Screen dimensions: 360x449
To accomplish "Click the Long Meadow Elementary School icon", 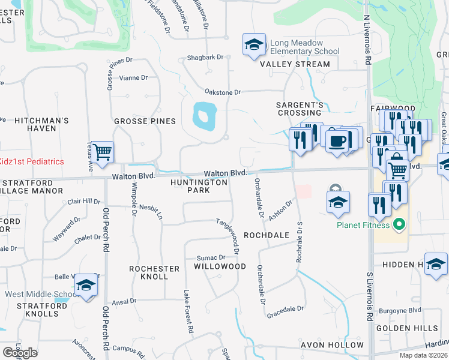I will (x=254, y=45).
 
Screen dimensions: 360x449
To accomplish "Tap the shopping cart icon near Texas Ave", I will (x=103, y=152).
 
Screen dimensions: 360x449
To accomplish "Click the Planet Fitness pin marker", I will (x=396, y=226).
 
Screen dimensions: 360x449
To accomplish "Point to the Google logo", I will (x=20, y=352).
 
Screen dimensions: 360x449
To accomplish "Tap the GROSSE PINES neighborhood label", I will (x=145, y=121).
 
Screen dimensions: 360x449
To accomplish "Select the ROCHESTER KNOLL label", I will (x=154, y=272).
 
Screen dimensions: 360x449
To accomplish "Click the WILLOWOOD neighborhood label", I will (x=220, y=266).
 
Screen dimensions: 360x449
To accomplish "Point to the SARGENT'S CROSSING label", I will (x=300, y=109).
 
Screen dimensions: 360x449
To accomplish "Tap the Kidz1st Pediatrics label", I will (x=40, y=162).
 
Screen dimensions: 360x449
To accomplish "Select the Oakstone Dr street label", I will (x=222, y=92).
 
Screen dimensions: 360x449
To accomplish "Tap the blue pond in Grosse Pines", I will (x=205, y=115).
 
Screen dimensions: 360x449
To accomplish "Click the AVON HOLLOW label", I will (x=332, y=345).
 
